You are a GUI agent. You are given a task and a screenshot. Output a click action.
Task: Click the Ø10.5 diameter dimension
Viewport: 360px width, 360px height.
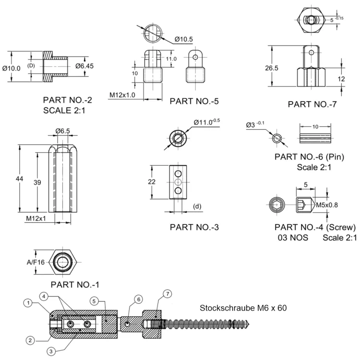184,39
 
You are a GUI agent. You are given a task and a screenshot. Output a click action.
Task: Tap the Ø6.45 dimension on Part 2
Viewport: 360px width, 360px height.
84,66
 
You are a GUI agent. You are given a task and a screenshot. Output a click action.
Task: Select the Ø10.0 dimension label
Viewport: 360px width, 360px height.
11,68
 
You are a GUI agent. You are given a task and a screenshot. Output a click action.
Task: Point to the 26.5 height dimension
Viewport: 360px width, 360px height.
272,68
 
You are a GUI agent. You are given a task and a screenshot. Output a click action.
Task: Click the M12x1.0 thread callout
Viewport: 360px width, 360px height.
122,95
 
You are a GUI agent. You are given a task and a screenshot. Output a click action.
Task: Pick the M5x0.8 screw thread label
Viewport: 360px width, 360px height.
327,205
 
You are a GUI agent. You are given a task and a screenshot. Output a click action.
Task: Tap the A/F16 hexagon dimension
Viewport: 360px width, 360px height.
36,262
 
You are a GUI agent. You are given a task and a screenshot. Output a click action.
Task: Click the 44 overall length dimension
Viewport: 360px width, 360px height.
20,179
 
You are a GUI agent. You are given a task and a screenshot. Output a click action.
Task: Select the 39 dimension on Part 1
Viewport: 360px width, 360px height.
37,182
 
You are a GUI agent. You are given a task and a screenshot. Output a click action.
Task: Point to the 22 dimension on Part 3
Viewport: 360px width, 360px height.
152,181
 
